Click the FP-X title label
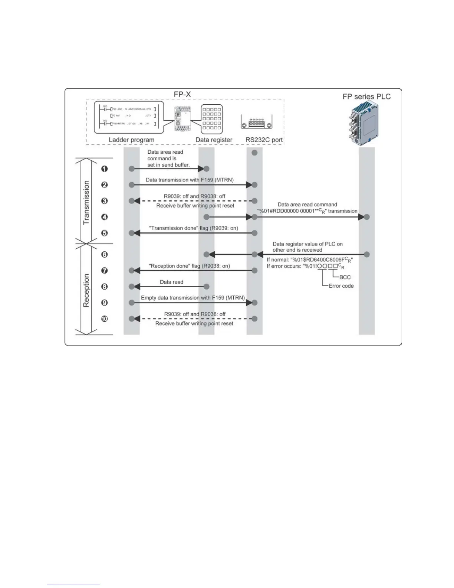[x=182, y=95]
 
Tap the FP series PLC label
[x=366, y=97]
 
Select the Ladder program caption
[x=131, y=140]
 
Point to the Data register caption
[x=214, y=140]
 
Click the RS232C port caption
[x=264, y=140]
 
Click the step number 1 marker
[x=105, y=169]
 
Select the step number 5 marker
[x=105, y=233]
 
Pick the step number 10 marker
[x=105, y=319]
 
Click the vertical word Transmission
[x=86, y=203]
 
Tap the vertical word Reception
[x=86, y=291]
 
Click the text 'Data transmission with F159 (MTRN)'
[x=190, y=180]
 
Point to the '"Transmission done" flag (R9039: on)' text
[x=193, y=228]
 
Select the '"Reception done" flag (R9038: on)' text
[x=189, y=266]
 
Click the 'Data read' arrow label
[x=171, y=282]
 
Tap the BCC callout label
[x=345, y=277]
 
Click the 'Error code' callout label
[x=341, y=286]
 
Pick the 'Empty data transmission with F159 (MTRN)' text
[x=193, y=298]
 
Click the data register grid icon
[x=212, y=119]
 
